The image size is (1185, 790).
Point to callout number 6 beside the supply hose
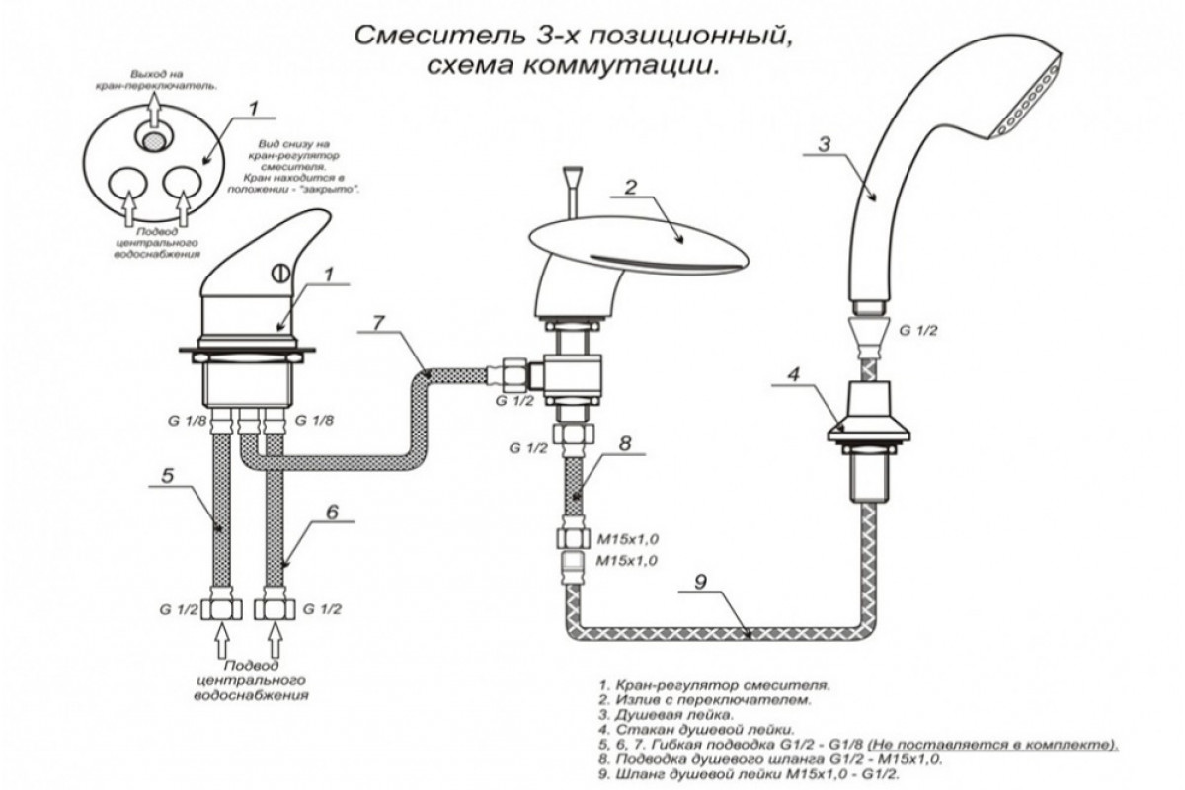[x=331, y=512]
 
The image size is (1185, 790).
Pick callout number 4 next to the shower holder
[x=791, y=375]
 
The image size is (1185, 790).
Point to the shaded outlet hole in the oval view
[x=151, y=143]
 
